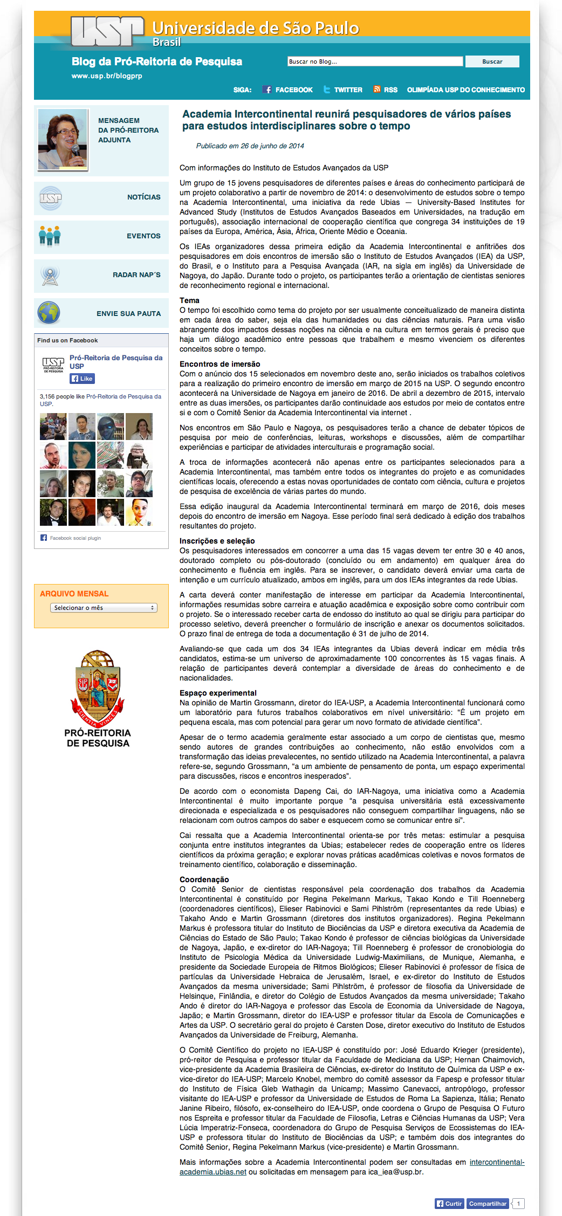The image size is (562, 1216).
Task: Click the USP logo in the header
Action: pos(107,31)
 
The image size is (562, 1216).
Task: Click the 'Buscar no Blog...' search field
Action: pos(375,61)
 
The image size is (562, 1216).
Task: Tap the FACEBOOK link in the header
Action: pos(288,90)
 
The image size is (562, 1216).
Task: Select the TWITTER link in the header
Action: pos(343,90)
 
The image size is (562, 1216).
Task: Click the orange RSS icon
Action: pos(377,89)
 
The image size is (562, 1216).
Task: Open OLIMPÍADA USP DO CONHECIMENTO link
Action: pos(465,90)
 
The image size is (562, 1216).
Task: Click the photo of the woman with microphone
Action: pos(63,139)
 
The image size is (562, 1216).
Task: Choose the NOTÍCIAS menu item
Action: pos(143,197)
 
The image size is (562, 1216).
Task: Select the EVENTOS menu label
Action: pos(143,236)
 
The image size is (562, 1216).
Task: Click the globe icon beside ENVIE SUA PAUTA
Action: pos(49,313)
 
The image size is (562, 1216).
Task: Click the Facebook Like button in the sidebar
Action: pos(82,379)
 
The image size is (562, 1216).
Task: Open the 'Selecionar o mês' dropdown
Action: pos(104,608)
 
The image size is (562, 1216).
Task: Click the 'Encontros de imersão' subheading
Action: pos(220,364)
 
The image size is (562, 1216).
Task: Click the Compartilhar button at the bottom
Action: pos(488,1204)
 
